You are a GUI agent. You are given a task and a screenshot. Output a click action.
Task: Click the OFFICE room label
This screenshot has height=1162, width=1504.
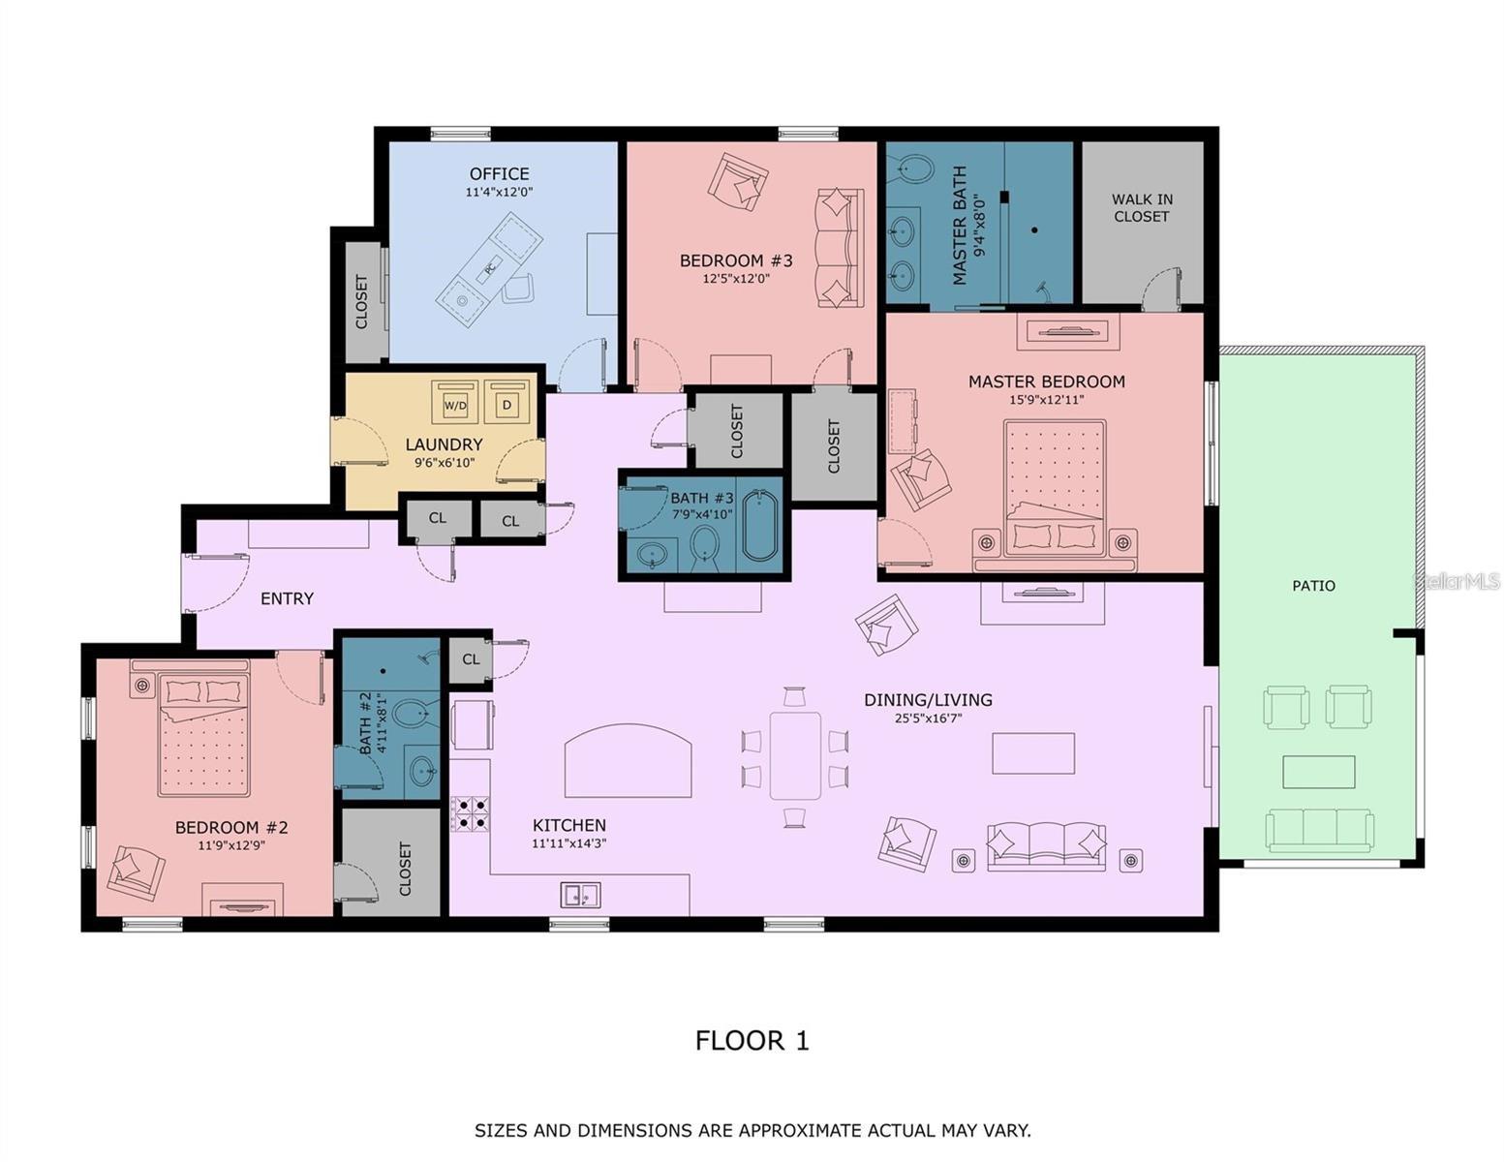(499, 174)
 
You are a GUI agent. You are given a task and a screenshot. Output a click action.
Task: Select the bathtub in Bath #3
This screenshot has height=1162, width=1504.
(760, 527)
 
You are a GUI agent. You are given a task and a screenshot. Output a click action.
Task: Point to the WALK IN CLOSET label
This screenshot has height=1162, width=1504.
(1142, 208)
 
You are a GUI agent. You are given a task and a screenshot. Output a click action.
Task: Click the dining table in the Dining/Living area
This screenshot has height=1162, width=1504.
(795, 755)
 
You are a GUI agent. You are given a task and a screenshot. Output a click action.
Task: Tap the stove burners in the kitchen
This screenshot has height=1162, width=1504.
(470, 813)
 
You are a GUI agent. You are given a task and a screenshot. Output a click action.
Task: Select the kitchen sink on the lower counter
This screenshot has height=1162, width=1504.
(580, 896)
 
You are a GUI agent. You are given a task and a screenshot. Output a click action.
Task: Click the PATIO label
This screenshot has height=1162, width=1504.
(1313, 586)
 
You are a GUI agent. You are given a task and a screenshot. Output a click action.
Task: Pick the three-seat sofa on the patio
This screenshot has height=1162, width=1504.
(1319, 830)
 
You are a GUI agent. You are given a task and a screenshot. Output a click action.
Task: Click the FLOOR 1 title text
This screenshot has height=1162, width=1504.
(752, 1041)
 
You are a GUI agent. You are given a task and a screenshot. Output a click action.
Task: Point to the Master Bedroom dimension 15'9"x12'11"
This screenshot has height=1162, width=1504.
(1046, 399)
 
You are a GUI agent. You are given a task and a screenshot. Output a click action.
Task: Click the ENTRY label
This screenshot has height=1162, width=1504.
(287, 599)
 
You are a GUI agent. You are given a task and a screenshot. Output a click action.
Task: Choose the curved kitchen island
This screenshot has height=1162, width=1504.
(629, 761)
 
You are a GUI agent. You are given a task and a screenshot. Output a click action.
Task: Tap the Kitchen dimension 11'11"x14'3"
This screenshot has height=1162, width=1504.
(569, 843)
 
